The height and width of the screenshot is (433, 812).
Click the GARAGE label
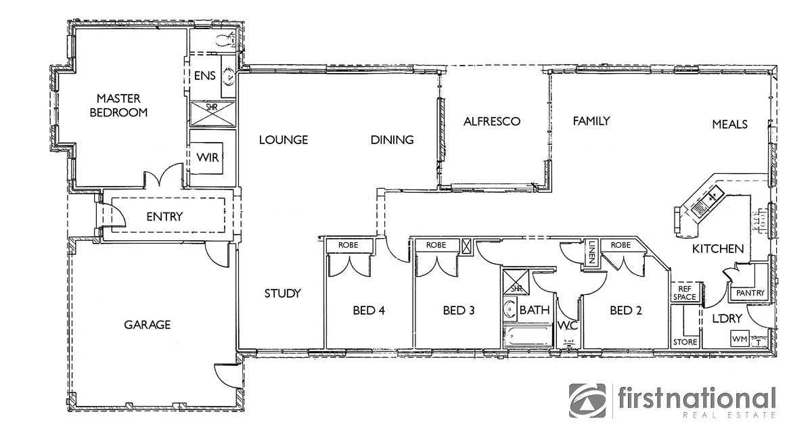pyautogui.click(x=147, y=325)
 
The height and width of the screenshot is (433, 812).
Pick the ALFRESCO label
pyautogui.click(x=492, y=122)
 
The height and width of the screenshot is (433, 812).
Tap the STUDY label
pyautogui.click(x=282, y=294)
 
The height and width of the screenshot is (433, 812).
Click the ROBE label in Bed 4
pyautogui.click(x=347, y=245)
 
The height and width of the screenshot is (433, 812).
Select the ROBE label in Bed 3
pyautogui.click(x=436, y=245)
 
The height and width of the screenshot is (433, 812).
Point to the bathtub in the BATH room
pyautogui.click(x=528, y=336)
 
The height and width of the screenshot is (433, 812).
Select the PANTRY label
pyautogui.click(x=749, y=293)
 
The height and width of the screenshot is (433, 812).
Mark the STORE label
pyautogui.click(x=685, y=342)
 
